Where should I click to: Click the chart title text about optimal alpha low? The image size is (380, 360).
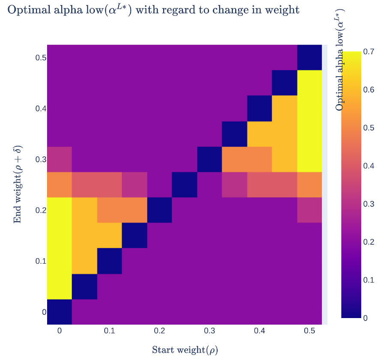pyautogui.click(x=153, y=10)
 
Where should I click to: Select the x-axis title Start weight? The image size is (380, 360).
pyautogui.click(x=185, y=350)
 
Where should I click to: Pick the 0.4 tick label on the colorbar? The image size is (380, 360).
pyautogui.click(x=368, y=166)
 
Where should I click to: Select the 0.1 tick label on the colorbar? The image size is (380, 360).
pyautogui.click(x=368, y=280)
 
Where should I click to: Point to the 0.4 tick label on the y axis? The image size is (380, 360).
pyautogui.click(x=41, y=109)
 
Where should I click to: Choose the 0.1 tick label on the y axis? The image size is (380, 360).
pyautogui.click(x=41, y=261)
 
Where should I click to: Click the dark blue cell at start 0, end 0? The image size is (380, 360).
pyautogui.click(x=59, y=312)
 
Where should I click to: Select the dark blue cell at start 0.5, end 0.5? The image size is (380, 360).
pyautogui.click(x=309, y=57)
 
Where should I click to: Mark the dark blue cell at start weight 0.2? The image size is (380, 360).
pyautogui.click(x=159, y=210)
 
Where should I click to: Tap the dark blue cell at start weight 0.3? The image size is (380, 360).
pyautogui.click(x=209, y=159)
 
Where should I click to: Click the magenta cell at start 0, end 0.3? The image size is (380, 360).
pyautogui.click(x=59, y=159)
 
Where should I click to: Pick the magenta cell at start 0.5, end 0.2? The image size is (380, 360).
pyautogui.click(x=309, y=210)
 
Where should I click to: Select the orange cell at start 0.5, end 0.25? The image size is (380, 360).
pyautogui.click(x=309, y=184)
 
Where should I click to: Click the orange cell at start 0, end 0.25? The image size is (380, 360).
pyautogui.click(x=59, y=184)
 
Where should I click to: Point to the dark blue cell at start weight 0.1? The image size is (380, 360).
pyautogui.click(x=109, y=261)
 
